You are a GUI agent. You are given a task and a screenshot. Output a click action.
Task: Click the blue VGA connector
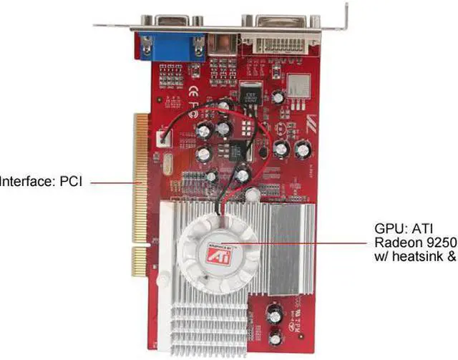[171, 47]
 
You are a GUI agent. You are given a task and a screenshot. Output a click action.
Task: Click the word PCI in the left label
[70, 182]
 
